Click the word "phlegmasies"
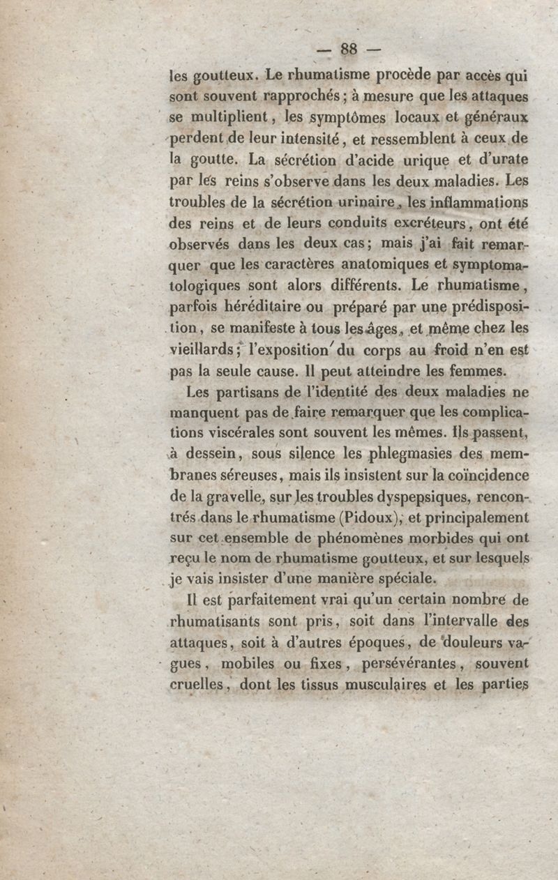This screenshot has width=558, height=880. pos(414,455)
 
